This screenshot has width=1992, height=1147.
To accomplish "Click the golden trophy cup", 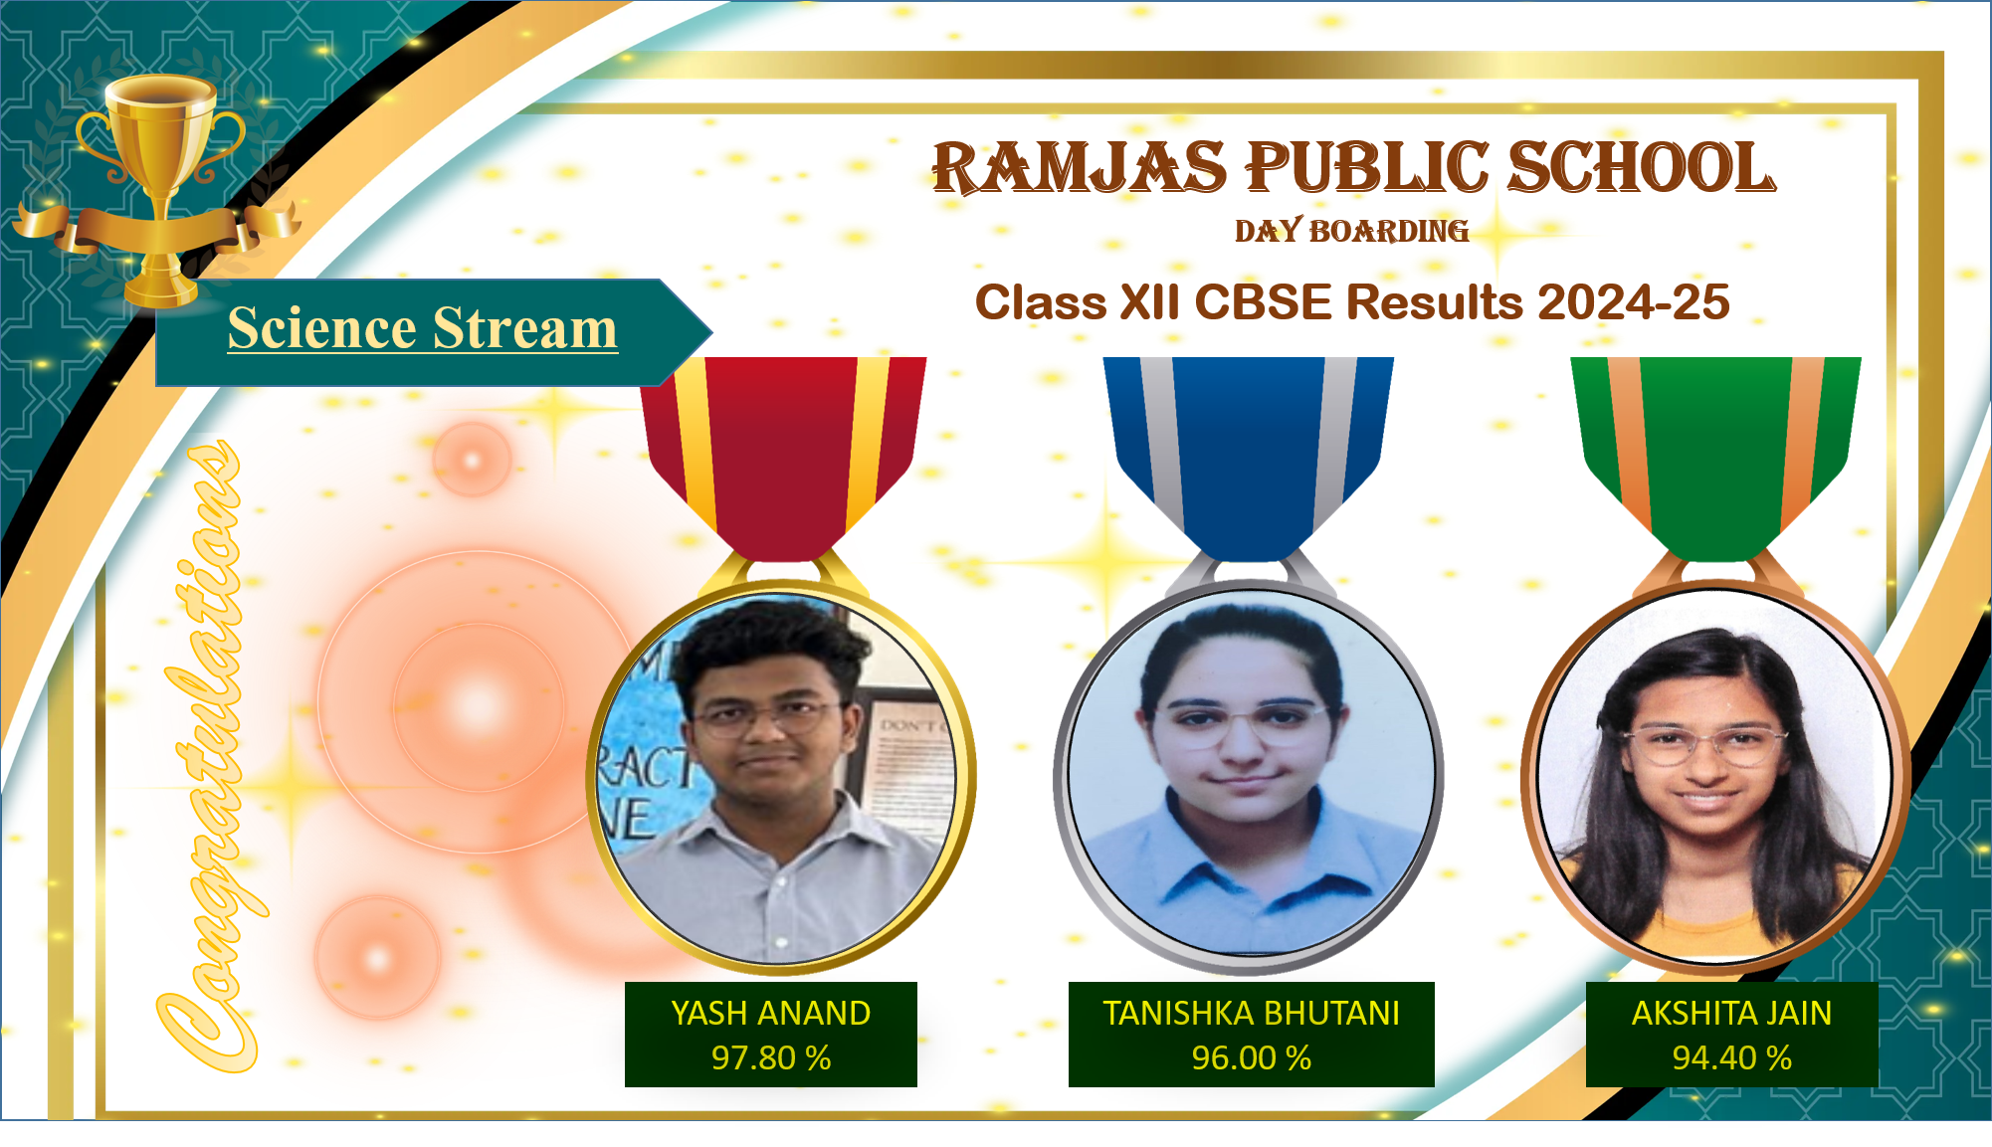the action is point(160,189).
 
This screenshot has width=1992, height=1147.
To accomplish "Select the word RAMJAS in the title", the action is point(1080,167).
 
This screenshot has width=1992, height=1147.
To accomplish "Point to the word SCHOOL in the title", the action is point(1642,167).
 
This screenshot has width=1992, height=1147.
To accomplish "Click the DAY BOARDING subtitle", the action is point(1351,231).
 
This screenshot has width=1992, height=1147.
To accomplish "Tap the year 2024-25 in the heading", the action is point(1634,302).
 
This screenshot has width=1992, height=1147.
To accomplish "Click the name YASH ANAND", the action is point(771,1013).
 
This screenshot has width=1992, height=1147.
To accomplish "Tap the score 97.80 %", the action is point(771,1057).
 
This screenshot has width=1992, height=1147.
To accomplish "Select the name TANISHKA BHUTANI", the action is point(1252,1013).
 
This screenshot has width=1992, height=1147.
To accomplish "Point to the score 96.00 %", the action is point(1252,1057).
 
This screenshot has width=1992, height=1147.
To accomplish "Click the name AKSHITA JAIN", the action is point(1732,1013).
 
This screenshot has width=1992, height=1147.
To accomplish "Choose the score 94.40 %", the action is point(1732,1057).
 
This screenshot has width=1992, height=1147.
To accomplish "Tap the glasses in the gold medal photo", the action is point(766,718).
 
